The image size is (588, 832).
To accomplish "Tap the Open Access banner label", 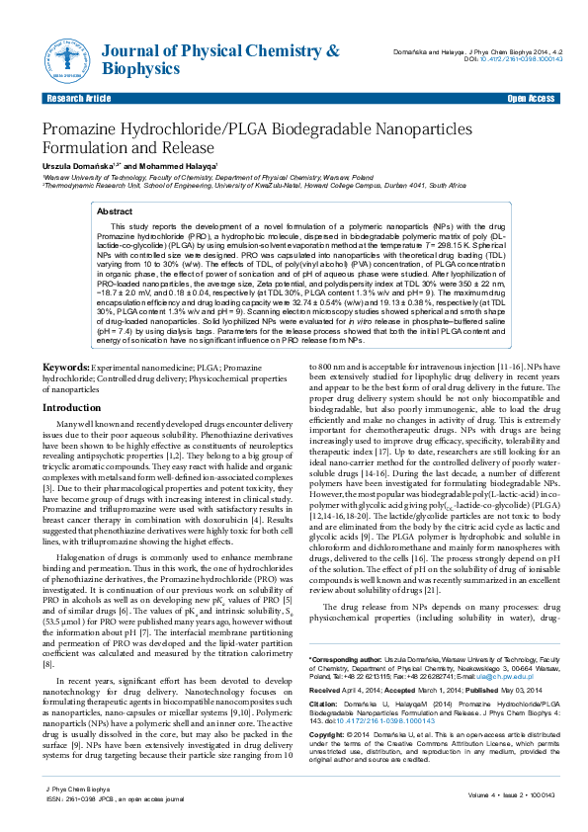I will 531,100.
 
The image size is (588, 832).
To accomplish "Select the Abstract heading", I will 114,211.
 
